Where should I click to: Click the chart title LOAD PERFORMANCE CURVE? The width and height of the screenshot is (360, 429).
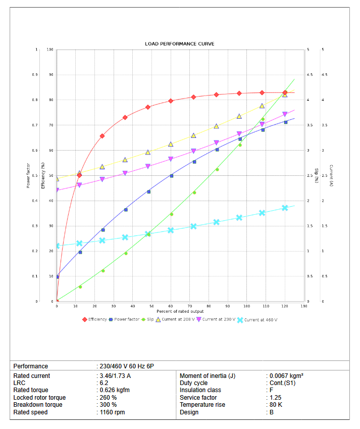click(179, 44)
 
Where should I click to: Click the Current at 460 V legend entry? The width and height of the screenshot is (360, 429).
click(261, 320)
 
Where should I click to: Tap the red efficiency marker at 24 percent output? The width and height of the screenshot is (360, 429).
click(102, 136)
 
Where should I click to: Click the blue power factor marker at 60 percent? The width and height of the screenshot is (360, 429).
click(171, 176)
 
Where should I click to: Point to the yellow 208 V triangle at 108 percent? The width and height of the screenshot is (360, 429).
click(262, 106)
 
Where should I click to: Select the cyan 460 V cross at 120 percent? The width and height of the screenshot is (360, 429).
click(285, 208)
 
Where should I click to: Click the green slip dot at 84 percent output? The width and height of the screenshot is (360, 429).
click(217, 169)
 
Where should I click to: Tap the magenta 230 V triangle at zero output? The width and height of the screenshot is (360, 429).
click(57, 190)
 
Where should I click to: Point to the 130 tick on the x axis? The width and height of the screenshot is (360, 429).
click(304, 306)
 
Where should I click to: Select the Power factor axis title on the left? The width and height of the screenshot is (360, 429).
click(28, 175)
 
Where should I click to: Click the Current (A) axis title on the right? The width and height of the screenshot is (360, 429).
click(331, 175)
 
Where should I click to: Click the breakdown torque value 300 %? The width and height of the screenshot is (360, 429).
click(108, 405)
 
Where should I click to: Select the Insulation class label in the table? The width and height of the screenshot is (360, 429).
click(201, 390)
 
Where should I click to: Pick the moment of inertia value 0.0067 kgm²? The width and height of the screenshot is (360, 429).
click(286, 376)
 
